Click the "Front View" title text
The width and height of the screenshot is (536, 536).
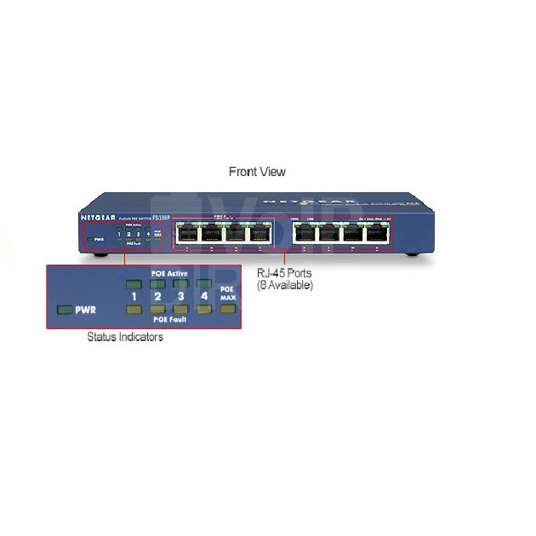(257, 172)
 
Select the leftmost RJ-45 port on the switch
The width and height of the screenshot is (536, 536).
(187, 235)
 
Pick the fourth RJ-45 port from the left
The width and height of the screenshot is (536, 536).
(261, 235)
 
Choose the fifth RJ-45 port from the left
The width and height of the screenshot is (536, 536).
(304, 235)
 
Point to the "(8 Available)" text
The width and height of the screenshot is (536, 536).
(285, 286)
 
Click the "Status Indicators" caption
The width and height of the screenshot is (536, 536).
(125, 337)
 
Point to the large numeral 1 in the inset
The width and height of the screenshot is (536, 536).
(134, 297)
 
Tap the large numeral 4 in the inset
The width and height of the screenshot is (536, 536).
(202, 297)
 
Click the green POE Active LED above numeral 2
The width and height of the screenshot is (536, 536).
(157, 284)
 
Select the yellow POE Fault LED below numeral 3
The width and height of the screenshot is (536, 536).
(180, 309)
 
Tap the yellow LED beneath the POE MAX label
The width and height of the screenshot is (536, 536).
(225, 308)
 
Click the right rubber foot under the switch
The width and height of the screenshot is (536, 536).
(411, 255)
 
